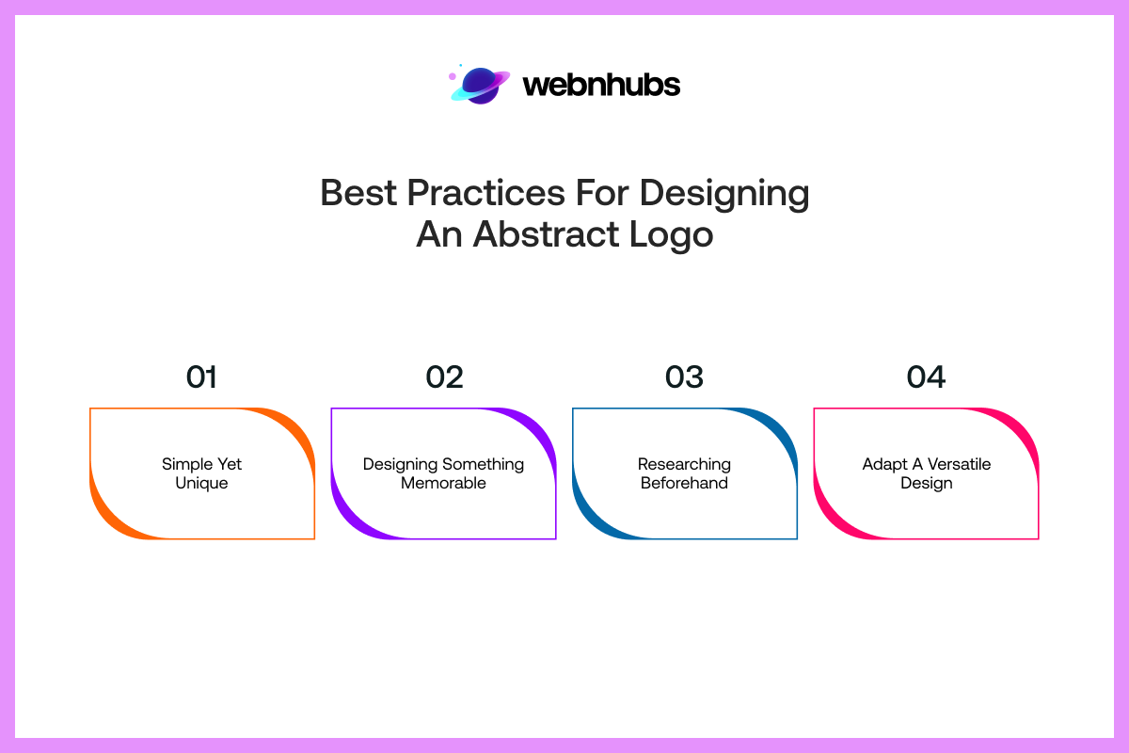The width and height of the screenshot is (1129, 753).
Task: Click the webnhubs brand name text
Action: coord(601,85)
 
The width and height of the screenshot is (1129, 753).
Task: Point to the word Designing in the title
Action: coord(724,193)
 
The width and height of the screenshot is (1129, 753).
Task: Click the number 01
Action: coord(201,377)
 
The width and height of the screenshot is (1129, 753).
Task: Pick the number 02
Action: coord(444,377)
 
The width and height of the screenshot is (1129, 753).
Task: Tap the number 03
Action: coord(684,377)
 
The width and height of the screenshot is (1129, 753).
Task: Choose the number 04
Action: coord(926,377)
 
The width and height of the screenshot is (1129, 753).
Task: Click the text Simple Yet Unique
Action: coord(201,473)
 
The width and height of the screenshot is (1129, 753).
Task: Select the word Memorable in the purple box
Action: coord(443,483)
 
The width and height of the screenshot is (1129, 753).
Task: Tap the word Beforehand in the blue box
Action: coord(684,483)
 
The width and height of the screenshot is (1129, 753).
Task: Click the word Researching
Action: coord(684,464)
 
